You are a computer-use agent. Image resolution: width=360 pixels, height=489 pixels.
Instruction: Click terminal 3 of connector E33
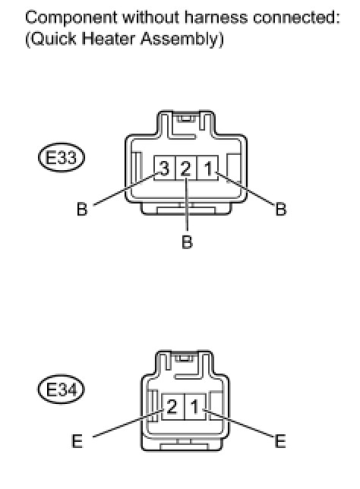[165, 168]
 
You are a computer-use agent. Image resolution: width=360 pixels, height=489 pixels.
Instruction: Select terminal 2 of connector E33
[186, 168]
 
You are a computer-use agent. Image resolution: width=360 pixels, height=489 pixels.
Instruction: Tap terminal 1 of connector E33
[207, 168]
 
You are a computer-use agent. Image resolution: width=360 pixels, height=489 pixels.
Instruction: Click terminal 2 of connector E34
[173, 407]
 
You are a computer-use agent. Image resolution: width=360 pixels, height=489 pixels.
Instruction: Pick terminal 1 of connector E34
[195, 407]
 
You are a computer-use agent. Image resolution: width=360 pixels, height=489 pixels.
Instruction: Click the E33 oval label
[62, 157]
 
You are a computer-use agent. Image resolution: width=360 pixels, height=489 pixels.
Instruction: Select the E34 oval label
[62, 390]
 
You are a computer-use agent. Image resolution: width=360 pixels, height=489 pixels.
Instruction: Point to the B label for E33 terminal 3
[82, 209]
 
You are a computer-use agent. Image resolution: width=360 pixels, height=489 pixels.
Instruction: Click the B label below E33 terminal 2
[187, 241]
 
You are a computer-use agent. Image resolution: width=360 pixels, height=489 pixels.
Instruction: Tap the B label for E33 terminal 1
[281, 209]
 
